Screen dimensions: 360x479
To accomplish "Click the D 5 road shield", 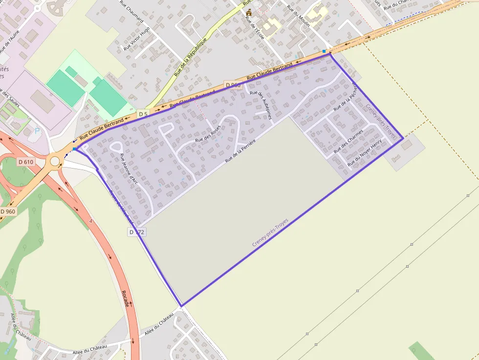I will pos(143,114).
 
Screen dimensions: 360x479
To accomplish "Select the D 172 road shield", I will pos(136,232).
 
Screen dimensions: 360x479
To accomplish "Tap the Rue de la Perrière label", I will pos(241,149).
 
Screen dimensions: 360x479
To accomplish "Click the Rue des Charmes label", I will pos(348,141).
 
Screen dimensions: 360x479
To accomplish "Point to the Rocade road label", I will pos(126,298).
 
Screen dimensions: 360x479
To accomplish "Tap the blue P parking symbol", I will pos(37,131).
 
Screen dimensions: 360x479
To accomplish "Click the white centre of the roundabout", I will pos(55,161).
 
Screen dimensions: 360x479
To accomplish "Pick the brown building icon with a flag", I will pos(249,12).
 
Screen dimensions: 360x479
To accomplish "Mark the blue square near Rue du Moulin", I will pos(324,51).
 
